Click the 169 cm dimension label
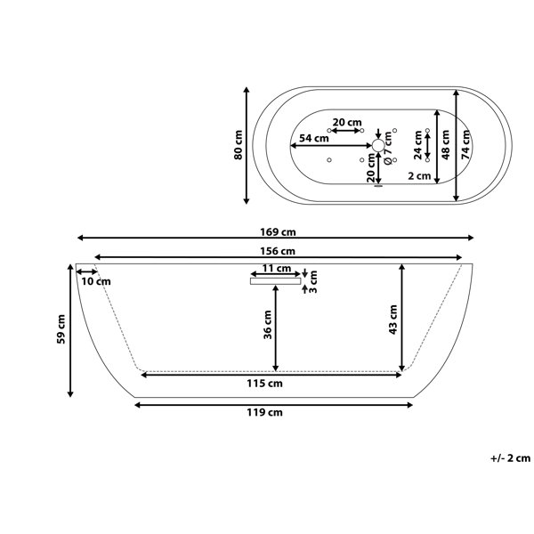click(278, 232)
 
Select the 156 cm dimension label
click(278, 251)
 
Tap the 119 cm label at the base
click(264, 412)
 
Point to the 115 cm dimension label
click(264, 384)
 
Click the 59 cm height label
click(61, 329)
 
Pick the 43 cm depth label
click(392, 320)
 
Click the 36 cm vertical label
click(268, 325)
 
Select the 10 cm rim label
click(96, 281)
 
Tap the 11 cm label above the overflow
click(277, 269)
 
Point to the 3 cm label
click(313, 281)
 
